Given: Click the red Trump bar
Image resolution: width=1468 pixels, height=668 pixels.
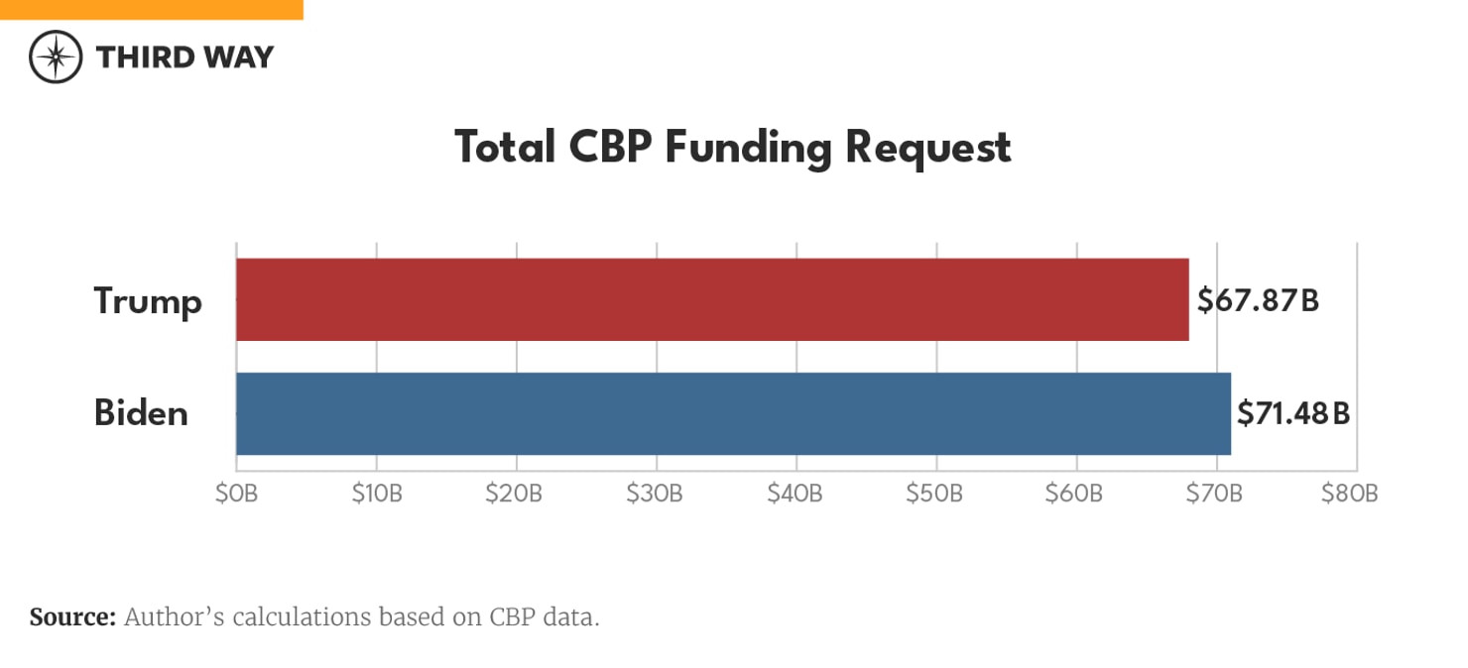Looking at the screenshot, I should pos(712,299).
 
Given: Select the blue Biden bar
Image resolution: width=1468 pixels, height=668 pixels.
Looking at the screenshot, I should pos(733,413).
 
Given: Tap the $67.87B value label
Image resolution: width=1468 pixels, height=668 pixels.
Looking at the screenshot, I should pos(1257,301).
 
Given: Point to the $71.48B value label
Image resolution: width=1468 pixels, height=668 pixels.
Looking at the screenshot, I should pos(1292,413).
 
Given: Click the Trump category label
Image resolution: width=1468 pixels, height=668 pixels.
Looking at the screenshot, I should pos(148,300).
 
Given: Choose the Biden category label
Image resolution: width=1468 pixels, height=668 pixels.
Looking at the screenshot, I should pos(141,412).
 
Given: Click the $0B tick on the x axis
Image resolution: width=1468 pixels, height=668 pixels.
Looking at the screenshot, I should pos(236,494).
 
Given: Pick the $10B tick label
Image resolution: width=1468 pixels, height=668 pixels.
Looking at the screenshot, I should pos(376,494).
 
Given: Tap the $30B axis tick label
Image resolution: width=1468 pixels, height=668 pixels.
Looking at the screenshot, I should pos(656,494).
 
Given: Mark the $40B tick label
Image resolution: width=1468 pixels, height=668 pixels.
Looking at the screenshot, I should pos(795,494).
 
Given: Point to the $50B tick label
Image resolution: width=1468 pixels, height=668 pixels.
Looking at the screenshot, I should pos(935,494).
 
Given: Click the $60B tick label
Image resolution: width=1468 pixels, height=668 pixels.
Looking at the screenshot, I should pos(1075,494).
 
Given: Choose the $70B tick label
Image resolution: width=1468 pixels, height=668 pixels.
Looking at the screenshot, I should pos(1215,494).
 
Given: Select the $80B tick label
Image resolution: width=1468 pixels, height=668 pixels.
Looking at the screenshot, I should pos(1350,494).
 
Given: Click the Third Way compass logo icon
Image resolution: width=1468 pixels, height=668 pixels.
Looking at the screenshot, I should pos(56,56).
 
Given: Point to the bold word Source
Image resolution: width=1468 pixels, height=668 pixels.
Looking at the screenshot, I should pos(72,617).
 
